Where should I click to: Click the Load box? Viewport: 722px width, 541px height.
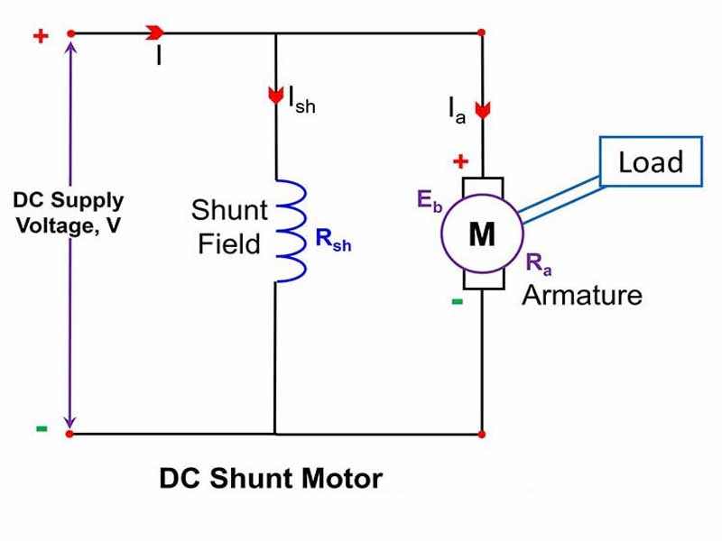coord(650,162)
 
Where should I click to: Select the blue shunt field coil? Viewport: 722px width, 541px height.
coord(291,230)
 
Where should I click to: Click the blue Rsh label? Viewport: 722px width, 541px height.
coord(333,242)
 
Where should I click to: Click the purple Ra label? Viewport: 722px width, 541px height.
coord(537,264)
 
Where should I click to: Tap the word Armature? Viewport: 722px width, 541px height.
coord(582,295)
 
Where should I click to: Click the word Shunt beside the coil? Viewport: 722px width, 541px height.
coord(229,211)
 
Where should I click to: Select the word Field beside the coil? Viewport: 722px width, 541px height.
coord(229,243)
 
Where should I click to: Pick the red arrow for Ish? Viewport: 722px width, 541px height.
coord(275,96)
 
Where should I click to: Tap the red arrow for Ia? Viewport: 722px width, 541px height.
coord(482,110)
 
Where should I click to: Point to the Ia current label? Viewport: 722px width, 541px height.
coord(458,112)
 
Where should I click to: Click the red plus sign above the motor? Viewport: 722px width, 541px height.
coord(460,162)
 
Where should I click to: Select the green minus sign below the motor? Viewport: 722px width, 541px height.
coord(458,301)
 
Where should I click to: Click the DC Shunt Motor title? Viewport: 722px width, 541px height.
coord(271,478)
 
